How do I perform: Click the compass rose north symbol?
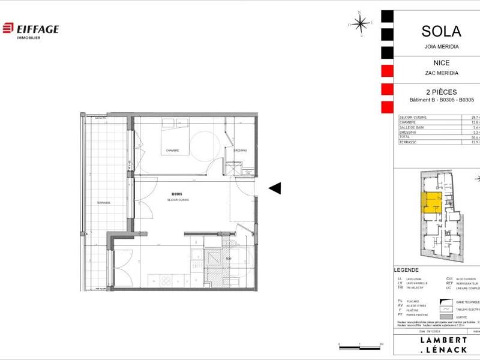pyautogui.click(x=360, y=23)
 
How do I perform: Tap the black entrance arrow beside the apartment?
pyautogui.click(x=274, y=188)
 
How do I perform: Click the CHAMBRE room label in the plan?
pyautogui.click(x=173, y=151)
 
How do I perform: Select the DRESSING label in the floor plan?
pyautogui.click(x=240, y=151)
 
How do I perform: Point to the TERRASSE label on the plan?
pyautogui.click(x=103, y=203)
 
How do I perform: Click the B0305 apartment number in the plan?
pyautogui.click(x=176, y=194)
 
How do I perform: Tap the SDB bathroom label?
pyautogui.click(x=228, y=259)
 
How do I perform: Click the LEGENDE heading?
pyautogui.click(x=406, y=271)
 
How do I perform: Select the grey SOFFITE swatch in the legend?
pyautogui.click(x=447, y=317)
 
